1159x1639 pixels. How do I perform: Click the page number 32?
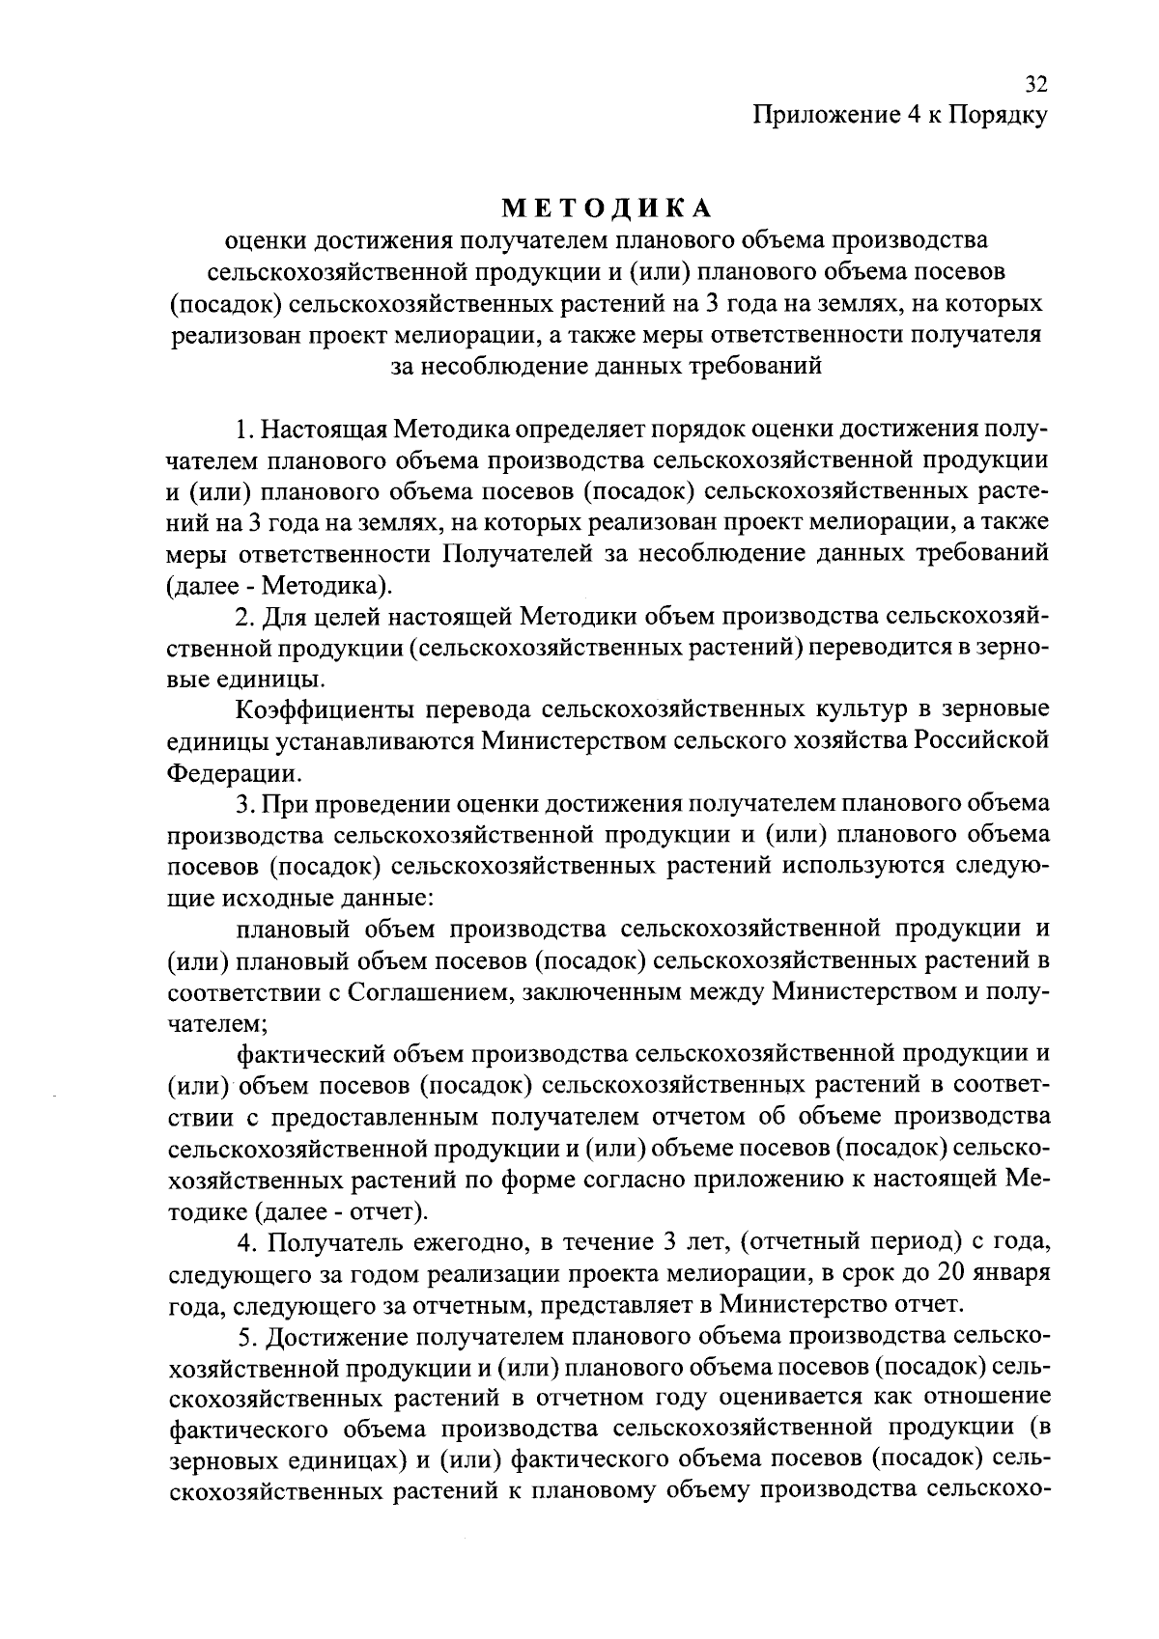point(1035,84)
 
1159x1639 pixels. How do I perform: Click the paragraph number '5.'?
point(247,1337)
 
